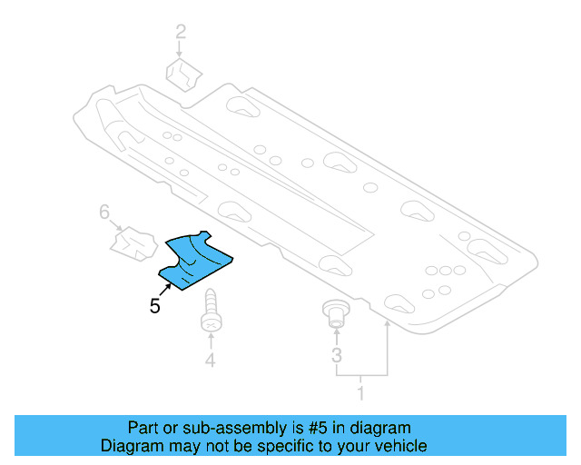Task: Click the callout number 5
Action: (155, 307)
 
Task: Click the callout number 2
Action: (181, 34)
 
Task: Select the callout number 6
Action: (104, 213)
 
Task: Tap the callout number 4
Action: (211, 361)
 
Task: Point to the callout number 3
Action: (337, 354)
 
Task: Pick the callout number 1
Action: (361, 394)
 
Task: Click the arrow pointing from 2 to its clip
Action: (181, 50)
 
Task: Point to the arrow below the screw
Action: (211, 341)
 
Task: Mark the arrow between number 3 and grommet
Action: (337, 336)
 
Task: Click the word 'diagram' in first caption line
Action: (382, 428)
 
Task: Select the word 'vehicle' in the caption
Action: (400, 446)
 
